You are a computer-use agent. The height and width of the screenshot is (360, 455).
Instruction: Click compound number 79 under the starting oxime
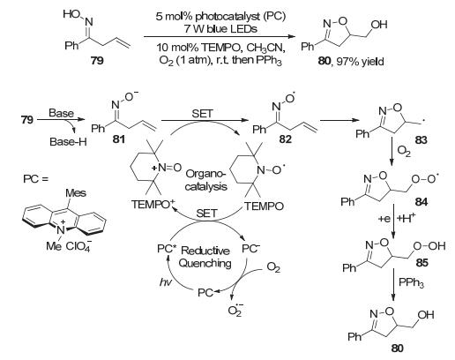coord(97,60)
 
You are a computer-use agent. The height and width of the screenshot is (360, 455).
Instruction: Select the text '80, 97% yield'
coord(351,62)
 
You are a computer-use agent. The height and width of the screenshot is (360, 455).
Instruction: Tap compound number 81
coord(118,139)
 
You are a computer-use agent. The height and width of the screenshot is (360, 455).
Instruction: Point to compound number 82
coord(285,139)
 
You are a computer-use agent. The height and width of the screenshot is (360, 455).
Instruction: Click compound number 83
coord(421,140)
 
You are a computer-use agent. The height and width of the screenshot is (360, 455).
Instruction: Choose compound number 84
coord(421,202)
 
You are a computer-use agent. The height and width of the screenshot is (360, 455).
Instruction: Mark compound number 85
coord(422,262)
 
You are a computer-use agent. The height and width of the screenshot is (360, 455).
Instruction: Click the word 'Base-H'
coord(68,142)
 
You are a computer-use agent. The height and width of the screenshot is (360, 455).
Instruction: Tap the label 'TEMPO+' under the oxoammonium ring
coord(153,204)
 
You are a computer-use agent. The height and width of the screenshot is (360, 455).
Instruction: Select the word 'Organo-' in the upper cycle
coord(205,174)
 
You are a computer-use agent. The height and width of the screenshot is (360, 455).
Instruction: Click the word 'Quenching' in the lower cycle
coord(205,263)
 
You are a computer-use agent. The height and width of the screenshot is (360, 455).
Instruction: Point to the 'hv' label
coord(166,282)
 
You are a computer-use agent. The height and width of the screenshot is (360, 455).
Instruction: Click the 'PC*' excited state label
coord(167,249)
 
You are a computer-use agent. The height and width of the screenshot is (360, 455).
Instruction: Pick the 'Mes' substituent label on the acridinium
coord(76,193)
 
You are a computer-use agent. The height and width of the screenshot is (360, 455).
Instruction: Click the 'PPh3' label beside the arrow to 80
coord(411,283)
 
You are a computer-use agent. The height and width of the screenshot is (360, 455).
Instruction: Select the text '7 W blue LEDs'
coord(220,28)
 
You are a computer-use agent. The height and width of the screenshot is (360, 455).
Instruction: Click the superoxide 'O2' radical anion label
coord(235,311)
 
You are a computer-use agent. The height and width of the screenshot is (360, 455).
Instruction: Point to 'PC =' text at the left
coord(35,179)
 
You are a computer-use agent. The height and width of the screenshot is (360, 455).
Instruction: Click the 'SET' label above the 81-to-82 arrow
coord(202,113)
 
